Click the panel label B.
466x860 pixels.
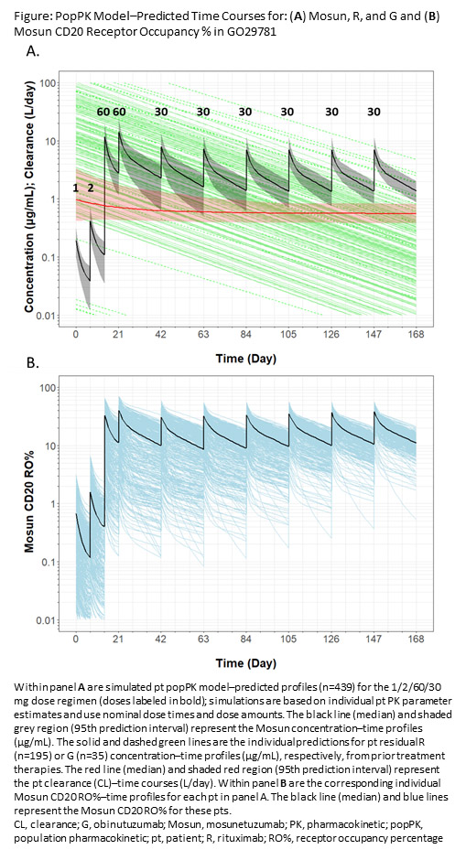coord(33,363)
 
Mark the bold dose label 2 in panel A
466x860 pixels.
coord(90,187)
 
